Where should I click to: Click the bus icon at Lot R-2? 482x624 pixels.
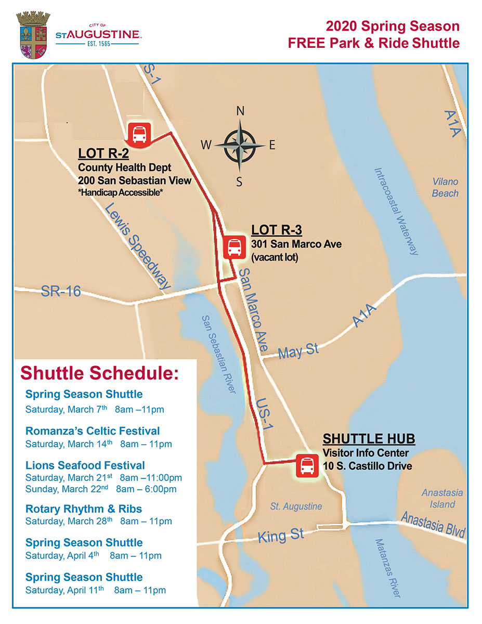tap(139, 134)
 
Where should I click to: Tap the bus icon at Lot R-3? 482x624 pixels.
tap(234, 246)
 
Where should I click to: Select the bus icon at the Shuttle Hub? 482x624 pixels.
tap(307, 465)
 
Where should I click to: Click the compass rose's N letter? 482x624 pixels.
tap(240, 111)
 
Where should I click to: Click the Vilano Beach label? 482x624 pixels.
tap(446, 187)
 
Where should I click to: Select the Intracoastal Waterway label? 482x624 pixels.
tap(397, 211)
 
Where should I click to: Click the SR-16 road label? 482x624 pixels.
tap(61, 292)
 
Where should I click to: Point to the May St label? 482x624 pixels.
tap(298, 351)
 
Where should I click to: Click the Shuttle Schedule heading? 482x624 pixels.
tap(99, 373)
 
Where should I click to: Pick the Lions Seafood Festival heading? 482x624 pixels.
tap(85, 465)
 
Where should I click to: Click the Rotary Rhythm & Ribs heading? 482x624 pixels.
tap(84, 509)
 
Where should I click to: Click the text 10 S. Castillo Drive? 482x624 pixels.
tap(367, 466)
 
